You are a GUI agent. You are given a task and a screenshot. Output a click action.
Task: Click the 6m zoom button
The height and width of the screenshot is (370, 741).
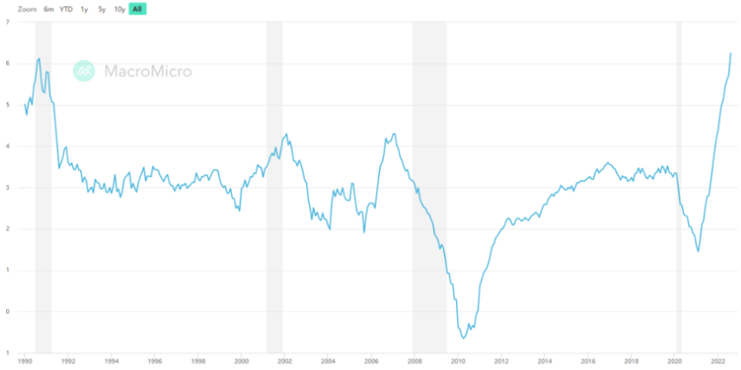48,9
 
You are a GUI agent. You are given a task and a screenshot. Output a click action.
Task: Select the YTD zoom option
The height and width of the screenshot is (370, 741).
66,9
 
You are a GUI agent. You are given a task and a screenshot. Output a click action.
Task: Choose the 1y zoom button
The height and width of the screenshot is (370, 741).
84,9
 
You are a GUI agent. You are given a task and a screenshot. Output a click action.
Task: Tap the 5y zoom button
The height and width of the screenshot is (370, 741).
102,9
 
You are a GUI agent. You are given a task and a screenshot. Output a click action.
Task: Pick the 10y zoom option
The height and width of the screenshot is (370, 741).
119,9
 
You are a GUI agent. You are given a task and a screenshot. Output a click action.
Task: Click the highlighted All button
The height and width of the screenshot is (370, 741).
138,9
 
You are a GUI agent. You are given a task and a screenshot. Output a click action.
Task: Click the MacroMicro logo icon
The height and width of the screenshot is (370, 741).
84,71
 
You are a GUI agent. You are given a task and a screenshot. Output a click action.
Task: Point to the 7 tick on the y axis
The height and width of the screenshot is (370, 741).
7,22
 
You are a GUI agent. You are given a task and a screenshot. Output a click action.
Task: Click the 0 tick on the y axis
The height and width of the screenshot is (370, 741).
7,311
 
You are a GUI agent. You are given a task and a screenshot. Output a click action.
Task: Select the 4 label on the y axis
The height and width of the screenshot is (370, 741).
7,146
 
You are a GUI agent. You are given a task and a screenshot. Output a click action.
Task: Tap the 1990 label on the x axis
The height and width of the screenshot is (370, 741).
25,361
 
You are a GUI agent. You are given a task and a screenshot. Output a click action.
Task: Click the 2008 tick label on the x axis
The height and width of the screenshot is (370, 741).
415,361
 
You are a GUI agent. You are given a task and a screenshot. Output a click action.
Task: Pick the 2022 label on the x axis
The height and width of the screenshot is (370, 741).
718,361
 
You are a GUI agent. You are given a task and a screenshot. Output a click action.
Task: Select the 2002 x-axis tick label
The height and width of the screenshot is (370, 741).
285,361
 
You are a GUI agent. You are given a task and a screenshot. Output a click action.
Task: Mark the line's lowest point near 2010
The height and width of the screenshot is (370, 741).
464,338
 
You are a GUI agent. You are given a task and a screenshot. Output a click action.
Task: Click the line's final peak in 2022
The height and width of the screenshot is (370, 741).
731,53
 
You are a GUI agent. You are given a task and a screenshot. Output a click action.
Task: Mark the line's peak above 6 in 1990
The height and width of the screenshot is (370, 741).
39,59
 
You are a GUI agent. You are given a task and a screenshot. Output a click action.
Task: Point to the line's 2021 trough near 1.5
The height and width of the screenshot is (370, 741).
698,251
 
